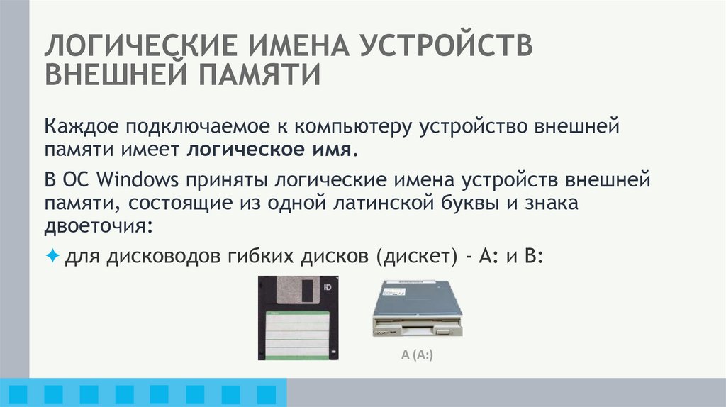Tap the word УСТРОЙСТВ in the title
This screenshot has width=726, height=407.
(x=449, y=46)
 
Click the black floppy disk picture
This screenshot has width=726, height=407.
(x=297, y=318)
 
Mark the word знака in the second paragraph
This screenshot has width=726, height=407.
(x=554, y=203)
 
